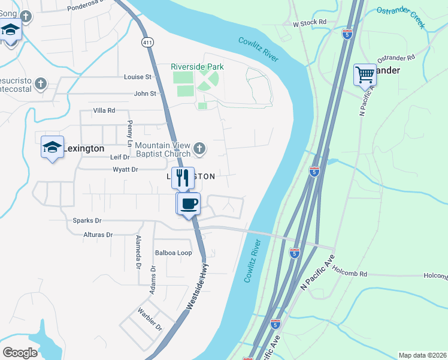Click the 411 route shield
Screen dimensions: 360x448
(x=147, y=42)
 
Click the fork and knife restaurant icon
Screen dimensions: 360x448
(x=183, y=178)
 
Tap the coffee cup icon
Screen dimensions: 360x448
(x=188, y=203)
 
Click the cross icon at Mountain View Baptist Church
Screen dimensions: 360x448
(x=199, y=148)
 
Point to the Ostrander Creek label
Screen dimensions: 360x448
(x=400, y=17)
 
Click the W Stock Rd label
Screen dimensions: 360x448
(x=309, y=23)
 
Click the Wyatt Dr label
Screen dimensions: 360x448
(x=125, y=170)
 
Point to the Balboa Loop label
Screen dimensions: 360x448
(x=173, y=253)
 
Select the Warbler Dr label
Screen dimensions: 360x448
(x=150, y=320)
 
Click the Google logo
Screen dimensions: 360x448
(x=20, y=352)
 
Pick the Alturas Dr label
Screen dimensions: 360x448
(x=98, y=235)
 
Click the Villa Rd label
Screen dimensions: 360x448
(x=103, y=111)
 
